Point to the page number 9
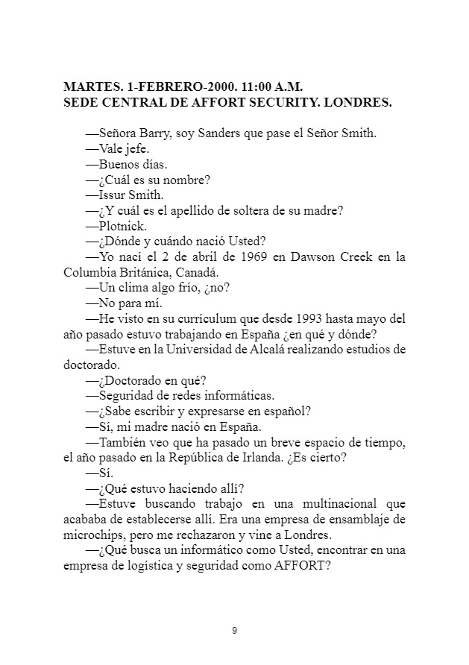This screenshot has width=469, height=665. point(234,631)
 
